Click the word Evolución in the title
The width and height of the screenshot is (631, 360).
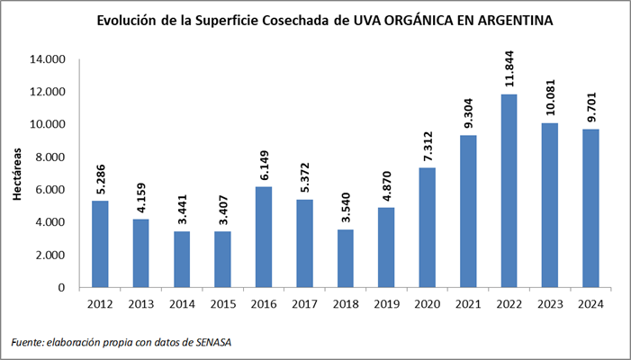pyautogui.click(x=133, y=20)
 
